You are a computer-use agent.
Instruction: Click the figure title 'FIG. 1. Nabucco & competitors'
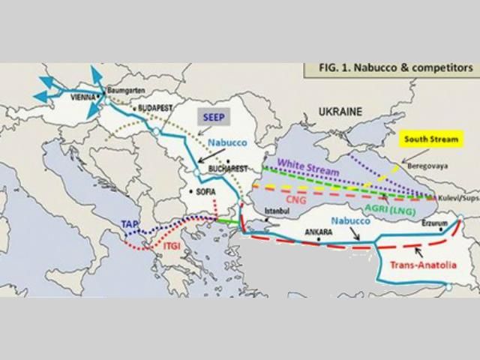pyautogui.click(x=389, y=67)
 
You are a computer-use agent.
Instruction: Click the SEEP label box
pyautogui.click(x=210, y=118)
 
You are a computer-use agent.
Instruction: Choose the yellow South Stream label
pyautogui.click(x=432, y=139)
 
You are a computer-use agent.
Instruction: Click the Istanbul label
pyautogui.click(x=275, y=211)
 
